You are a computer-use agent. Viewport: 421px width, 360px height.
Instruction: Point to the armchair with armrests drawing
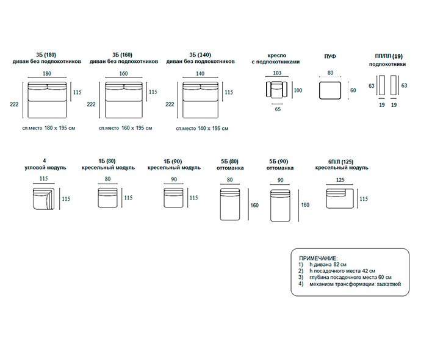click(278, 90)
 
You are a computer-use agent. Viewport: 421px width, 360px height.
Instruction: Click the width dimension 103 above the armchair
click(277, 73)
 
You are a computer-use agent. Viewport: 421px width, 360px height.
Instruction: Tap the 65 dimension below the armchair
click(278, 109)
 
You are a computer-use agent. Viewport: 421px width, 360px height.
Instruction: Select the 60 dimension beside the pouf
click(352, 90)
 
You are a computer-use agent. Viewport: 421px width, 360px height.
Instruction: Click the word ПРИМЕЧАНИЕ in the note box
click(319, 258)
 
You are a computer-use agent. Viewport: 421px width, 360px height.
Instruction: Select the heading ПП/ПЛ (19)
click(389, 56)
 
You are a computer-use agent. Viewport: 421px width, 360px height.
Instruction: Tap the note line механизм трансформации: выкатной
click(354, 284)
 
